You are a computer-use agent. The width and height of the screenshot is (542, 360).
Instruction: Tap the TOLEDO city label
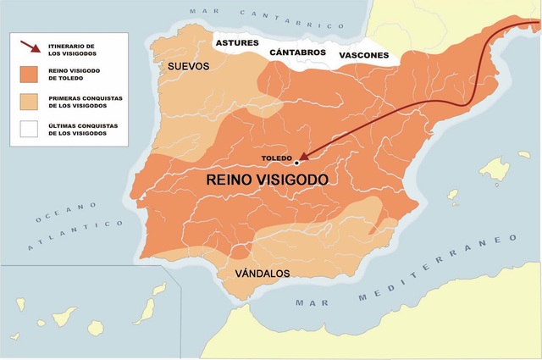[x=277, y=158]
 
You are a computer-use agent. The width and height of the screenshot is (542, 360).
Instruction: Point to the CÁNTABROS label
[x=297, y=53]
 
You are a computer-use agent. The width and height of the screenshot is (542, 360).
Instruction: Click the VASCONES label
[x=363, y=57]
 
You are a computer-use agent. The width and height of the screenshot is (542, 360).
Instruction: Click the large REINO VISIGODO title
[x=267, y=181]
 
